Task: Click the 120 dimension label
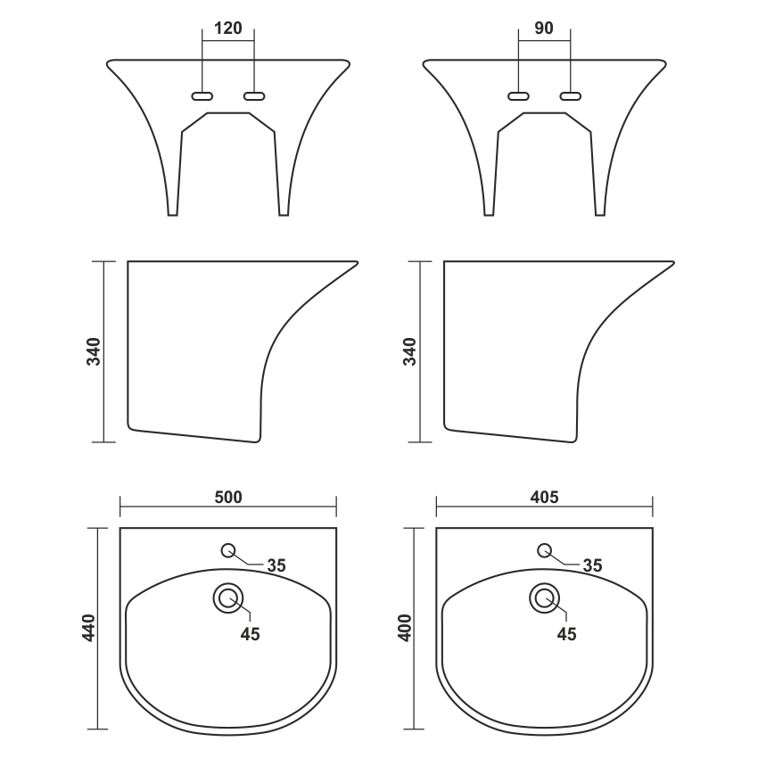[227, 29]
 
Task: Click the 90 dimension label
[544, 29]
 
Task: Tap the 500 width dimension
[228, 497]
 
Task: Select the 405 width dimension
[544, 497]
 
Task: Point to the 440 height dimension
[89, 628]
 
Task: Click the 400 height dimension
[405, 628]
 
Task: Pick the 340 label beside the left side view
[94, 351]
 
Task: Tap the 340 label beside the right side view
[409, 351]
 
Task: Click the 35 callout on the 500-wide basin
[276, 565]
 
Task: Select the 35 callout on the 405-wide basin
[593, 565]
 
